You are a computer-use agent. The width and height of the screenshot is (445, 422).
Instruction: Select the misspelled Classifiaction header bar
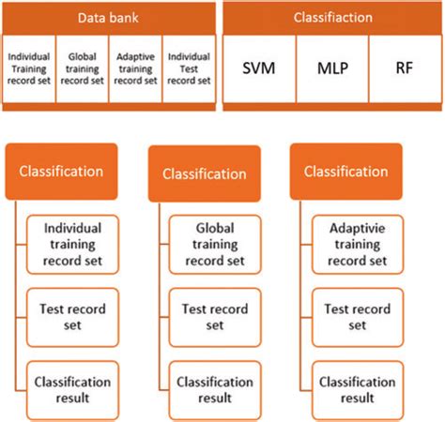[x=332, y=17]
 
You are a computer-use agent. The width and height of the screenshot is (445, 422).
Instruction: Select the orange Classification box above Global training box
[x=203, y=173]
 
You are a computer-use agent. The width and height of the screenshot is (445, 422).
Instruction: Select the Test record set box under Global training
[x=215, y=315]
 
